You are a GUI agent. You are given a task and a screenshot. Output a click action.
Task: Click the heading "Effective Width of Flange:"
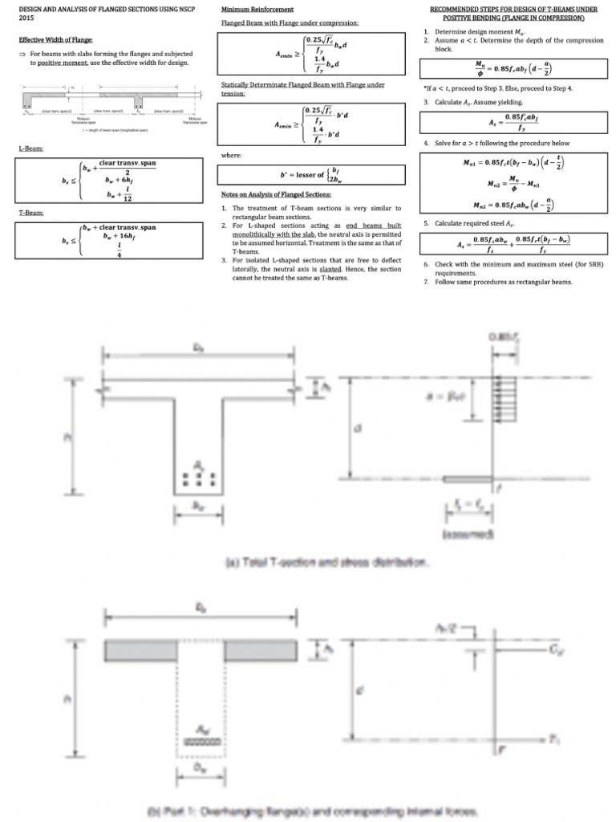tap(55, 39)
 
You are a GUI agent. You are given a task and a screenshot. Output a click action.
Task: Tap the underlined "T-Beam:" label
tap(31, 213)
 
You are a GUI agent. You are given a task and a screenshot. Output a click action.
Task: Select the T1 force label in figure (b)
tap(554, 739)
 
